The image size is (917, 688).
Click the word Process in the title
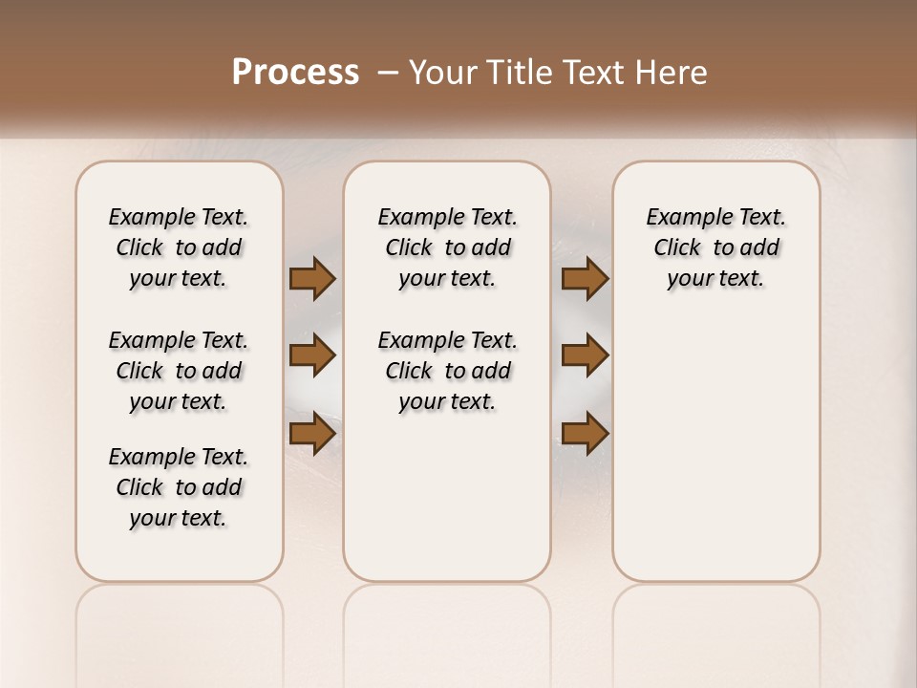(295, 73)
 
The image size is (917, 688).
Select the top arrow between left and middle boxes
(312, 279)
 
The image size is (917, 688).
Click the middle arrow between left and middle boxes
(312, 355)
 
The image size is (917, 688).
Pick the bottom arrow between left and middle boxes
(312, 434)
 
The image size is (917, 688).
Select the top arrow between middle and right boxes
(585, 279)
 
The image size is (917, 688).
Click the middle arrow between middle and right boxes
(585, 355)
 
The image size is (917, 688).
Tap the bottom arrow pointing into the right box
(585, 434)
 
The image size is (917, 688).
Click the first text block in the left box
(179, 247)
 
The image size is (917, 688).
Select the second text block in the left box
(179, 371)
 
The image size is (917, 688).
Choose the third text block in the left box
(179, 487)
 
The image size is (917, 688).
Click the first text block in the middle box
(447, 247)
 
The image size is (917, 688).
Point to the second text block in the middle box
(447, 371)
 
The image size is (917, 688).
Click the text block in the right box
(716, 247)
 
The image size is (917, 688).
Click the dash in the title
(387, 73)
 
